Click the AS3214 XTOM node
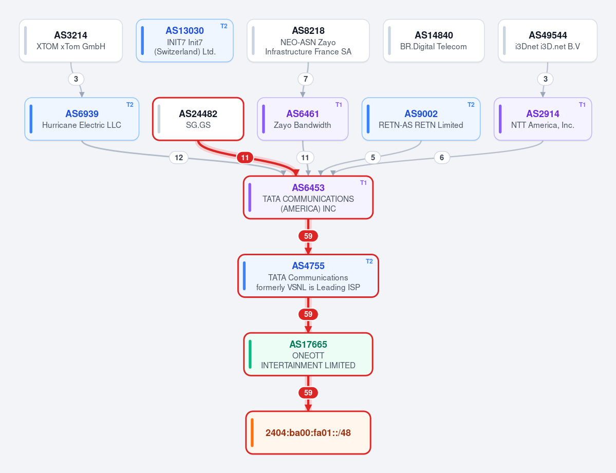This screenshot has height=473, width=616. pos(71,41)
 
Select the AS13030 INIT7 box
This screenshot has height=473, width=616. pos(184,41)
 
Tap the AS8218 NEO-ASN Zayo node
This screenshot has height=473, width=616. pos(308,41)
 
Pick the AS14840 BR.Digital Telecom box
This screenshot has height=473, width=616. pos(434,41)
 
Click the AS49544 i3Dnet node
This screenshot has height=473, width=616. pos(548,41)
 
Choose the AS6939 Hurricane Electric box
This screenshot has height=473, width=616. pos(82,119)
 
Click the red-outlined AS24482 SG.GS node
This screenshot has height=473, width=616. pos(198,119)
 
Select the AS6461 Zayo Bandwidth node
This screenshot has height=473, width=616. pos(303,119)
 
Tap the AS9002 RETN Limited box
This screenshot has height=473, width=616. pos(421,119)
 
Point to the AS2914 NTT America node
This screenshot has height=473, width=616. pos(543,119)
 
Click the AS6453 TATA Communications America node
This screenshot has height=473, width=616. pos(308,198)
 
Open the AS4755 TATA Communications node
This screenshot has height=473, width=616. pos(308,276)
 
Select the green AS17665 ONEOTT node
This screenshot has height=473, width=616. pos(308,354)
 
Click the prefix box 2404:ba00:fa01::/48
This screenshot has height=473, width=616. pos(308,432)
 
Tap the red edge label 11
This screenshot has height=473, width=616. pos(245,158)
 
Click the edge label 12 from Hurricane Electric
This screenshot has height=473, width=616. pos(179,158)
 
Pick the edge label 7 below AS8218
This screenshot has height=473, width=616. pos(306,79)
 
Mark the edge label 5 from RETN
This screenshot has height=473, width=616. pos(373,158)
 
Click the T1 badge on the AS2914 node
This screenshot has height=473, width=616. pos(582,104)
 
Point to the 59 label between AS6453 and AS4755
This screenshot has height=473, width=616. pos(308,236)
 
